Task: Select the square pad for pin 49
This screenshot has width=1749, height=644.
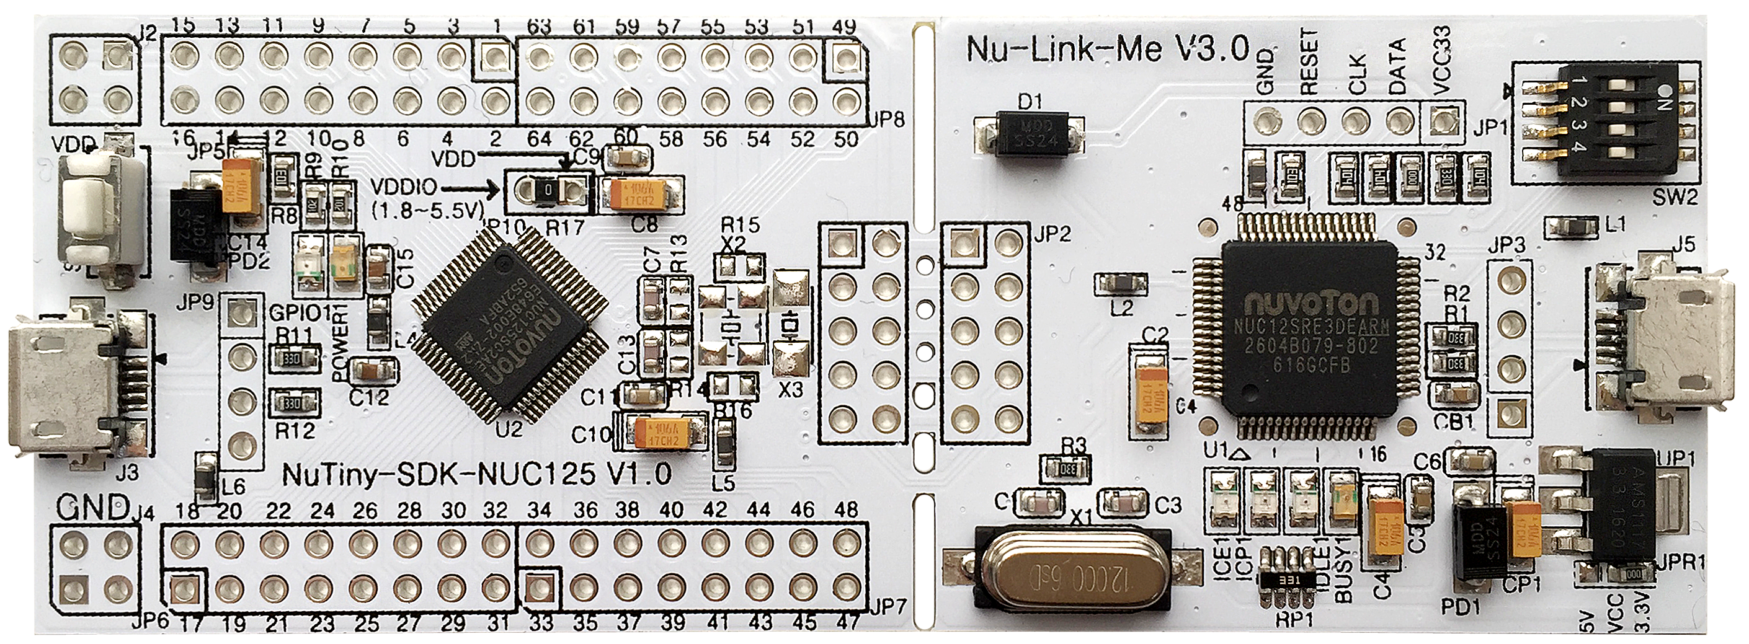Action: click(844, 59)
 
